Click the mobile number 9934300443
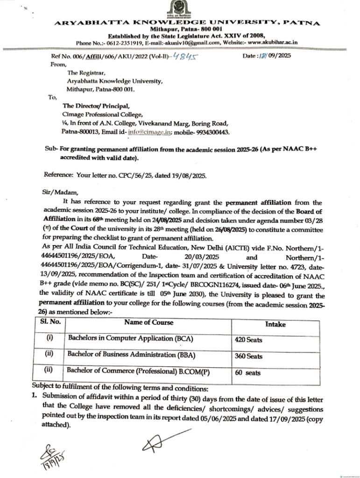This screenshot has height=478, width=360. [212, 132]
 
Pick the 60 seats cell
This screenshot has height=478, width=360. [247, 373]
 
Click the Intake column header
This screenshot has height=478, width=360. [275, 323]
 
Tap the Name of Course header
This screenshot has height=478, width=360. [148, 323]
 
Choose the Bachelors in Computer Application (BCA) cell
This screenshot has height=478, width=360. [130, 337]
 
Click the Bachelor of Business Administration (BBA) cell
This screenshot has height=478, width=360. [131, 354]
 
